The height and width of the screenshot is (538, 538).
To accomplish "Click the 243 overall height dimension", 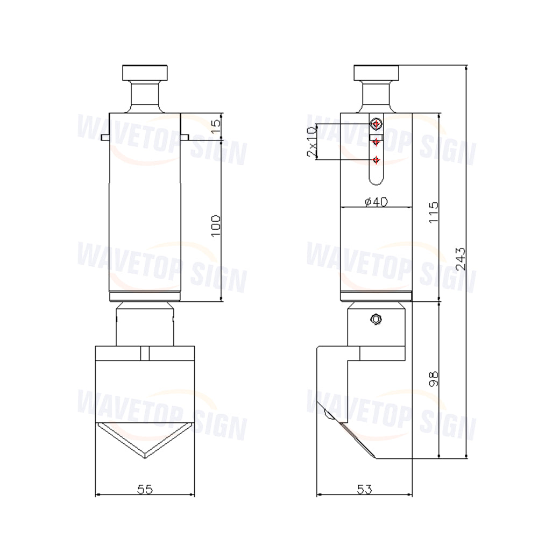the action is coord(462,259).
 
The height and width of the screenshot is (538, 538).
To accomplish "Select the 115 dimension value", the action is coord(434,213).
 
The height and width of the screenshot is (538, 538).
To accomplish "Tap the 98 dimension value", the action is coord(434,379).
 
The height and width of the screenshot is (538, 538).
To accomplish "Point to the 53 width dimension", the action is coord(364,489).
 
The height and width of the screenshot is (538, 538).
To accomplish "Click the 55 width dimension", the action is coord(145,489).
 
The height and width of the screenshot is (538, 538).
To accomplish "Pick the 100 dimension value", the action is coord(216,225).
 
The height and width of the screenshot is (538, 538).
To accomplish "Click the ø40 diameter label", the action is coord(376,201).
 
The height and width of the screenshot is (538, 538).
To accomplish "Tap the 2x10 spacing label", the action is coord(312,141).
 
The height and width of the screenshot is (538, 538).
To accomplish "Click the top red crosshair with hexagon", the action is coord(377,124).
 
